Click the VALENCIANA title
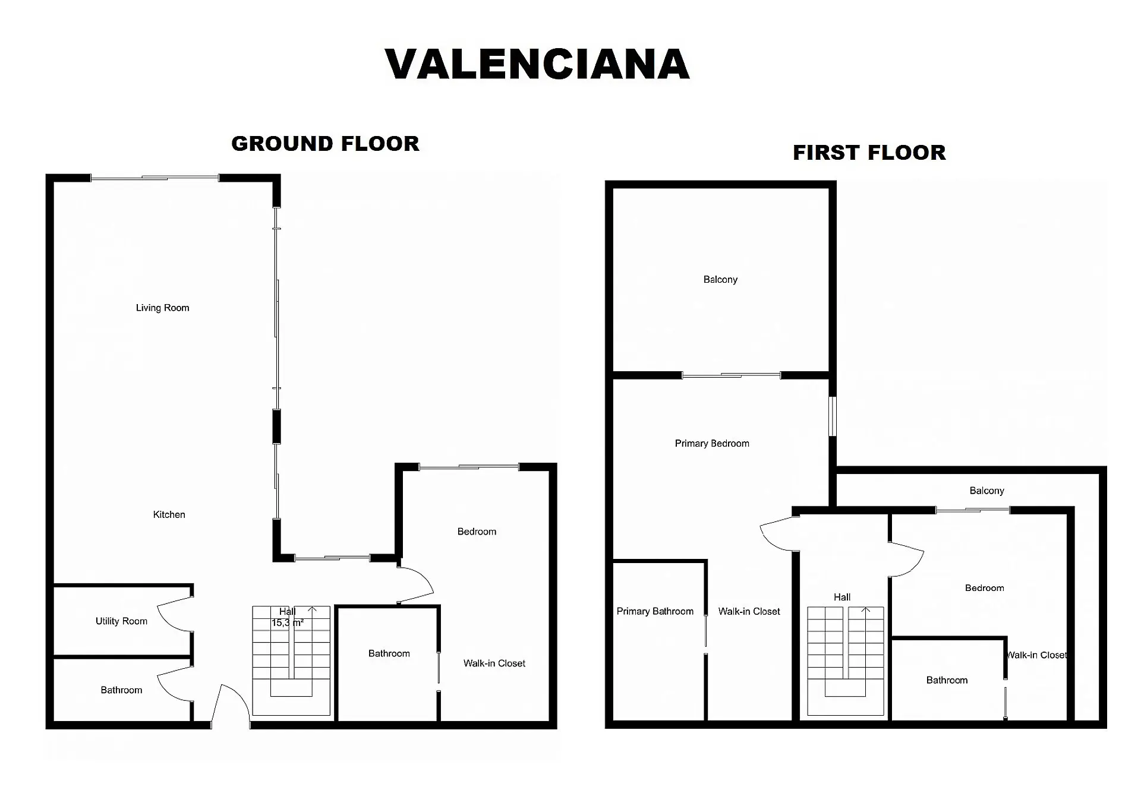click(537, 64)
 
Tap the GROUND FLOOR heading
click(325, 144)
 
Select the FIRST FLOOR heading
click(869, 153)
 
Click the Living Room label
click(162, 308)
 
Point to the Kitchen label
click(169, 514)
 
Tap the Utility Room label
click(121, 621)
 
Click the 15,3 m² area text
click(288, 623)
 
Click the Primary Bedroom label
click(712, 443)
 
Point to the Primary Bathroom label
click(655, 611)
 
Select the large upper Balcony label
click(720, 279)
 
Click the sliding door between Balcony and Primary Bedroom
click(731, 375)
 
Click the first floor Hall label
click(842, 597)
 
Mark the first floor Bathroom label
click(947, 680)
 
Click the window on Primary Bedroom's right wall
click(833, 416)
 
